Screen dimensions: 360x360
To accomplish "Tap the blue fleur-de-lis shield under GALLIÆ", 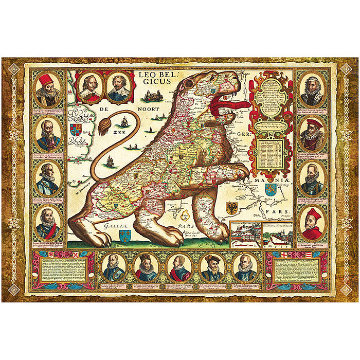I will (123, 236).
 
